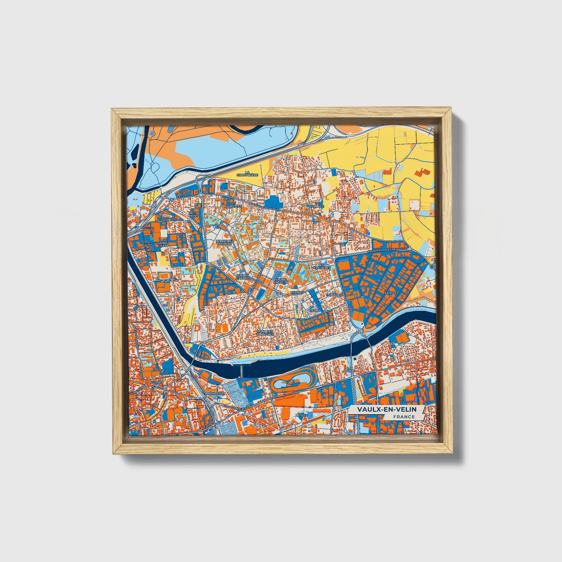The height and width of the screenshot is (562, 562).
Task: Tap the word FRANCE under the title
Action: tap(404, 417)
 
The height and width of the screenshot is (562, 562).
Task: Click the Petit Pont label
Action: tap(193, 214)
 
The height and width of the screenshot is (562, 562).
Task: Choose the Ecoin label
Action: tap(314, 311)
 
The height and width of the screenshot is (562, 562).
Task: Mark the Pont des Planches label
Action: tap(265, 333)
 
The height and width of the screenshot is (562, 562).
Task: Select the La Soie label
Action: tap(299, 415)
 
